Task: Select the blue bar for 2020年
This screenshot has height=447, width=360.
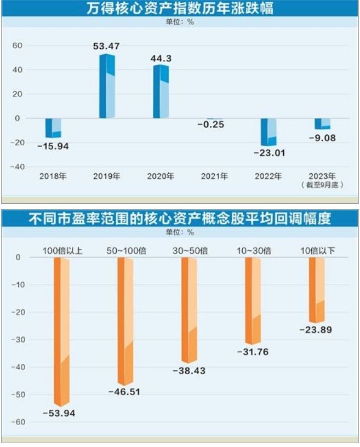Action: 161,92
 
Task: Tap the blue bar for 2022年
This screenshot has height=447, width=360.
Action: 268,132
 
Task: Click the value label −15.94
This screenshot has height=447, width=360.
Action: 53,146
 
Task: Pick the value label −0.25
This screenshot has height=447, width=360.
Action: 214,125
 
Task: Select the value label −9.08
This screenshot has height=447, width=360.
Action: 322,138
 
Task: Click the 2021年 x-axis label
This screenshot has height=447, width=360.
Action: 214,176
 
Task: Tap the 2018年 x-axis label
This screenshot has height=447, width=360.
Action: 53,176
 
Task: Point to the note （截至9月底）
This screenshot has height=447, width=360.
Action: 322,185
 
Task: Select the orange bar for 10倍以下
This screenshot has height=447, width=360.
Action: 317,290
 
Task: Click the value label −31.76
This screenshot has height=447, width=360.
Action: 253,352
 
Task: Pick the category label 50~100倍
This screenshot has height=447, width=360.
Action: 126,251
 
